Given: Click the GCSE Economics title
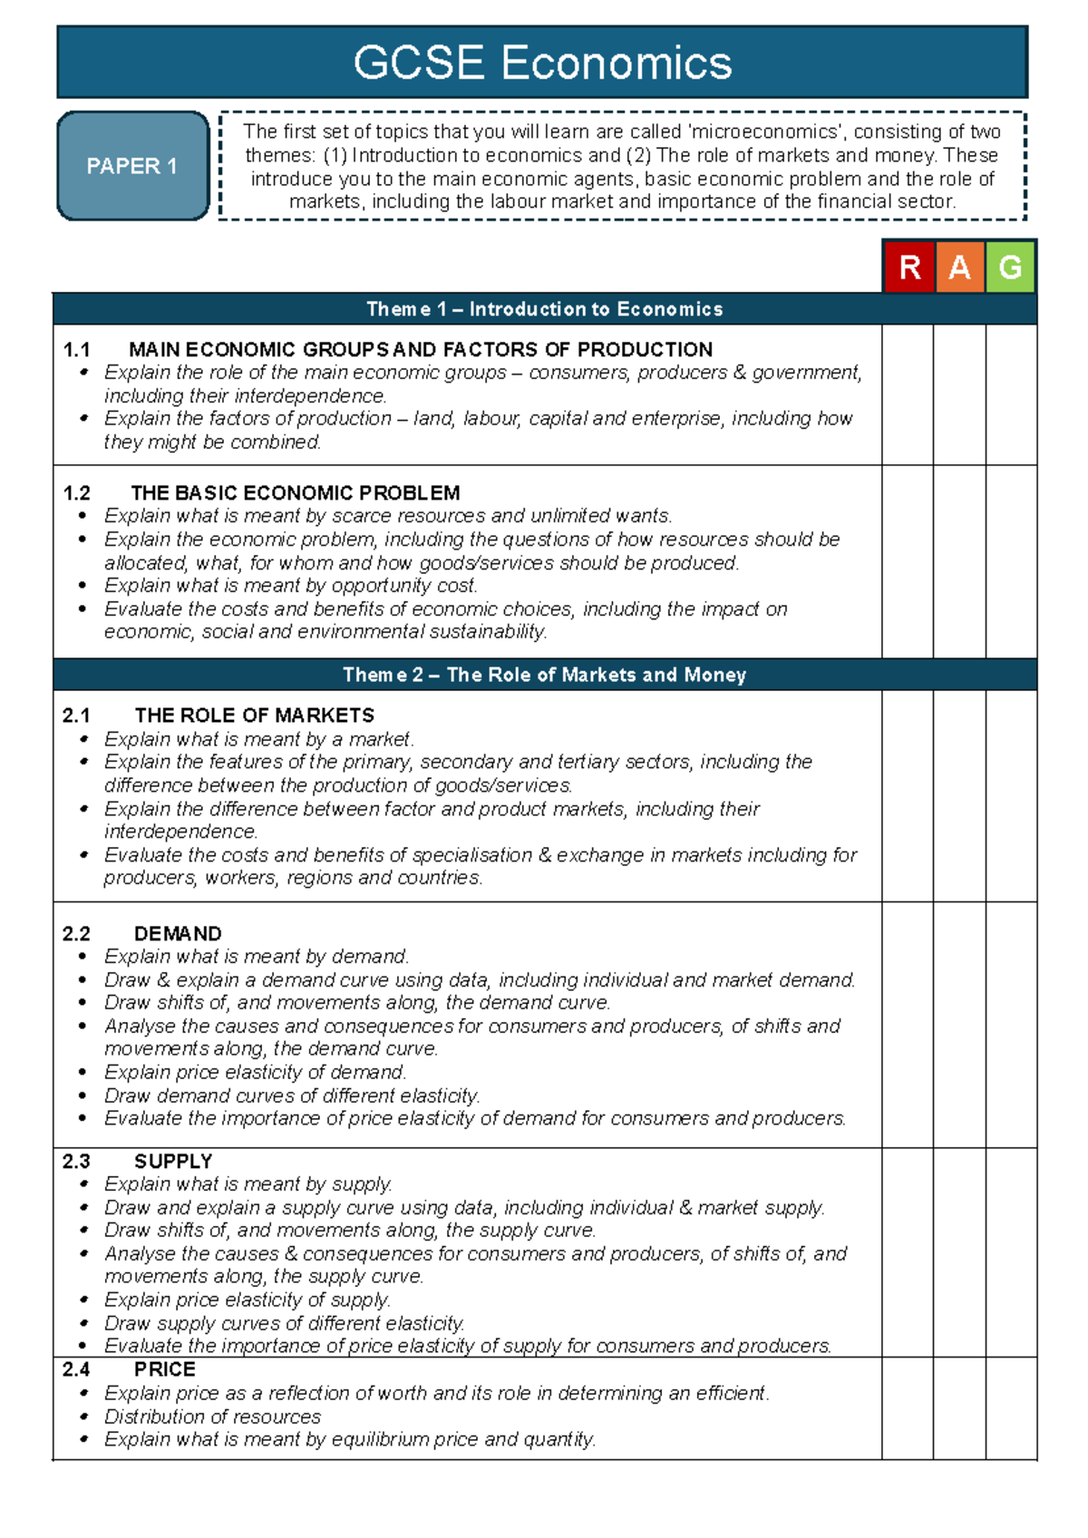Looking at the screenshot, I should coord(542,63).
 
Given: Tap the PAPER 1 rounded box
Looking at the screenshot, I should coord(132,166).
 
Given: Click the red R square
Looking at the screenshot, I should coord(909,268).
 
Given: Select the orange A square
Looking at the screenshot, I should coord(959,268).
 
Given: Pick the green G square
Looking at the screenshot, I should coord(1010,268).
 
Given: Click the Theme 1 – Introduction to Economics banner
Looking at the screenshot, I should coord(544,309).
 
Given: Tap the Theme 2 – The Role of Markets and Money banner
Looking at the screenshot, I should coord(544,675).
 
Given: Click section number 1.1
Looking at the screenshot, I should coord(77,350).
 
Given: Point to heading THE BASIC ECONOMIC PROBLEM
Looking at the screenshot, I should coord(296,493).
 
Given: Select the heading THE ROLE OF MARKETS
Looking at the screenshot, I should coord(255,715).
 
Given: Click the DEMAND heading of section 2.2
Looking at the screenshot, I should coord(178,934).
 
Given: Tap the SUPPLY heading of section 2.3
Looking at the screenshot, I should coord(173,1162).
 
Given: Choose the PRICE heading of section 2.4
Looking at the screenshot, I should coord(165,1369).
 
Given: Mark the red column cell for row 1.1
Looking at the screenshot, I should coord(908,394).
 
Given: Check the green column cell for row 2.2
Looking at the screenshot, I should coord(1011,1025).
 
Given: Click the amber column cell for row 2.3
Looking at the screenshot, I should coord(959,1252).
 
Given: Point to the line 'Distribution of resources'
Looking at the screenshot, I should coord(212,1416).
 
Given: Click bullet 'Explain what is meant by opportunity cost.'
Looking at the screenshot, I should coord(290,586).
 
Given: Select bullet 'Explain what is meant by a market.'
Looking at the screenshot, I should coord(259,739).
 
